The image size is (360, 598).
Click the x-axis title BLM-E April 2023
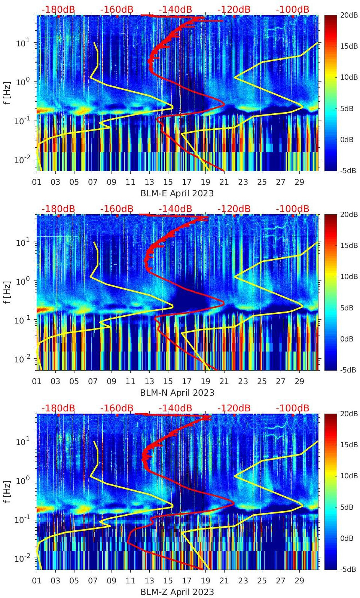(177, 193)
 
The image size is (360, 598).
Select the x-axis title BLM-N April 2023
(177, 393)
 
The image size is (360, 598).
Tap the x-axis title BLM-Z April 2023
(177, 592)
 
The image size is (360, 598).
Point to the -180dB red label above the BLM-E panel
(58, 10)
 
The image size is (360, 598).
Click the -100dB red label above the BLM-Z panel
(292, 408)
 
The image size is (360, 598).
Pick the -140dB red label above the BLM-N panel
(175, 209)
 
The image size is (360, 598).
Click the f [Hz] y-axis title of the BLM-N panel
(7, 292)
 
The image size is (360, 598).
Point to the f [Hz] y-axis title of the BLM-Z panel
(7, 491)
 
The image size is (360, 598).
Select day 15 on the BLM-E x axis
(168, 182)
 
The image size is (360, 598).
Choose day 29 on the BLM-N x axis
(299, 381)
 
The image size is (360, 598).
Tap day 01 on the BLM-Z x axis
(37, 581)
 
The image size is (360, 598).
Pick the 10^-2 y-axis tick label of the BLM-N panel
(22, 359)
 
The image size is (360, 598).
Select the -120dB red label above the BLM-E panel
(234, 10)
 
